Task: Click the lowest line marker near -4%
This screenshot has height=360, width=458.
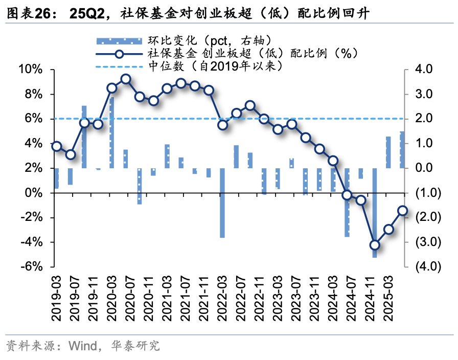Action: click(375, 245)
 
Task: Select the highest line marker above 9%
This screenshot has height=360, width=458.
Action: click(126, 79)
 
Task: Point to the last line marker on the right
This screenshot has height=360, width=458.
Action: click(402, 211)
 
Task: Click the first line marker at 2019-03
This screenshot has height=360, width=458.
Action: click(57, 146)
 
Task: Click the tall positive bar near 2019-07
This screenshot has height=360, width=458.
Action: click(84, 137)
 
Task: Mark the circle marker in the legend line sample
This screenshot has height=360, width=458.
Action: click(119, 54)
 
